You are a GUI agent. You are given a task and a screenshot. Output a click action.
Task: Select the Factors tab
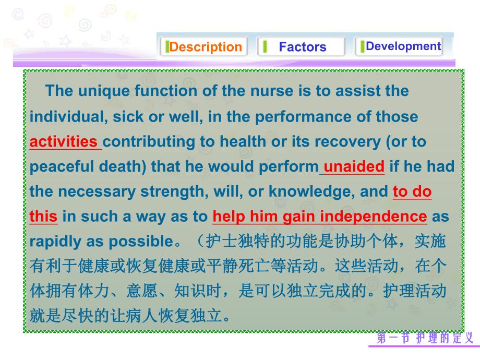[302, 47]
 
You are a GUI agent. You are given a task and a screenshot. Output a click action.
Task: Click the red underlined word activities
[64, 142]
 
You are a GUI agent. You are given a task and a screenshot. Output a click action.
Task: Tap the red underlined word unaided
[354, 167]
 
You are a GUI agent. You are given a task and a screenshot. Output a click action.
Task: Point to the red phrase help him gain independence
[320, 217]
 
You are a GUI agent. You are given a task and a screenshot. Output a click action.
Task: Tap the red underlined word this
[43, 217]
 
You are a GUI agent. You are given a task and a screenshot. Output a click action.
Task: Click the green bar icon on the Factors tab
[265, 47]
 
